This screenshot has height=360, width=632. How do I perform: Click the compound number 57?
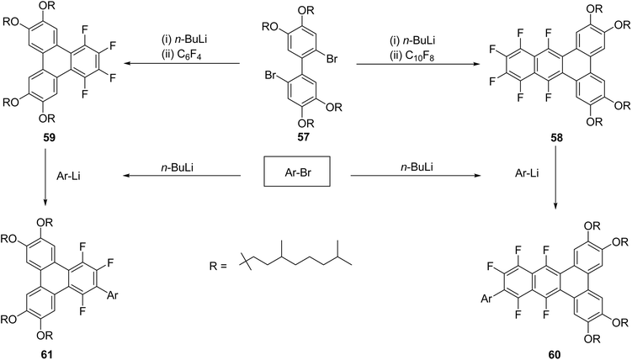click(x=303, y=137)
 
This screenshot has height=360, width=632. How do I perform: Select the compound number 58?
click(x=556, y=138)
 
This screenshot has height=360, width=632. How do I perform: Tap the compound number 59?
click(x=49, y=138)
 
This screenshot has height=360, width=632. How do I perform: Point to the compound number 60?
click(x=555, y=354)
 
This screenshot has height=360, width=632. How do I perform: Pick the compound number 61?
click(x=46, y=354)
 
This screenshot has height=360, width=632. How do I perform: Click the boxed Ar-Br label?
click(x=297, y=171)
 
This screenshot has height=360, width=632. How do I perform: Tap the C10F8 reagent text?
click(x=414, y=53)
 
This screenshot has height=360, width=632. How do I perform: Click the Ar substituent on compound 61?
click(x=113, y=295)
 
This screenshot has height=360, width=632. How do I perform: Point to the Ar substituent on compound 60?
click(x=487, y=299)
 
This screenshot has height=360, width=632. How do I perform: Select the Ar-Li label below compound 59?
click(x=69, y=176)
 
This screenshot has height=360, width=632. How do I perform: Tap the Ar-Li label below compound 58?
click(x=527, y=173)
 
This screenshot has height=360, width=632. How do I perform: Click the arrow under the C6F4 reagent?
click(x=182, y=63)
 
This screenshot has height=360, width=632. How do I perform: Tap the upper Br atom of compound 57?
click(x=332, y=60)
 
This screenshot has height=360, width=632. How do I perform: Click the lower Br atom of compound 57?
click(x=271, y=76)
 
